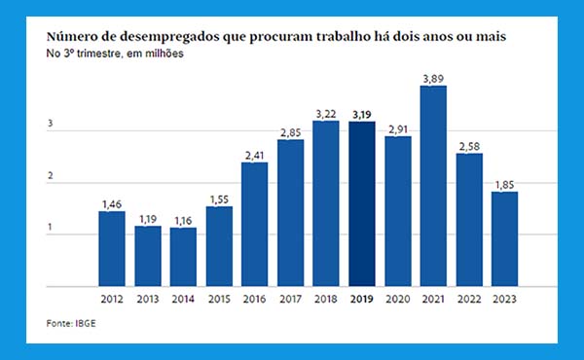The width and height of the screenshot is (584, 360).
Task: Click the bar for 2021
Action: coord(433,186)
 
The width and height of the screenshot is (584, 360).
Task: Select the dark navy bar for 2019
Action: coord(362,203)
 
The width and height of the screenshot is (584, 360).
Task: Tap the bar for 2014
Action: coord(183,257)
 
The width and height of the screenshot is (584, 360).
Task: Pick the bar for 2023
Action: coord(504,239)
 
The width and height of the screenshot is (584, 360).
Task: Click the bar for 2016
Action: coord(254,224)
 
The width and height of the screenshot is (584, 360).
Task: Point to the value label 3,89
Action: coord(433,79)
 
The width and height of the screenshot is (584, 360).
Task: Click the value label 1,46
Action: coord(112,204)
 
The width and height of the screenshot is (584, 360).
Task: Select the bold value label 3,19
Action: coord(362,115)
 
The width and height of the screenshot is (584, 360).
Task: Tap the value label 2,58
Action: coord(469,146)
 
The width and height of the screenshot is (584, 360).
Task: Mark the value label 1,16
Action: coord(183,221)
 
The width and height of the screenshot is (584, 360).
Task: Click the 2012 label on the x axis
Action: coord(112,299)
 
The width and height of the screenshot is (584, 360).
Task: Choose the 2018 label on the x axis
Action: coord(326,299)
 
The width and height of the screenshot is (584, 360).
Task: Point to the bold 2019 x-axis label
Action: coord(362,299)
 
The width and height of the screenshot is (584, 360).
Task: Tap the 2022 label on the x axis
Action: coord(469,299)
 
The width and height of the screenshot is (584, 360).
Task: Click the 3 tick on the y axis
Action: coord(51,124)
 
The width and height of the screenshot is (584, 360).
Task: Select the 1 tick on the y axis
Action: coord(50,227)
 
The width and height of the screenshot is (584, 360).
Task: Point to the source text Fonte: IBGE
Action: coord(71,323)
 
